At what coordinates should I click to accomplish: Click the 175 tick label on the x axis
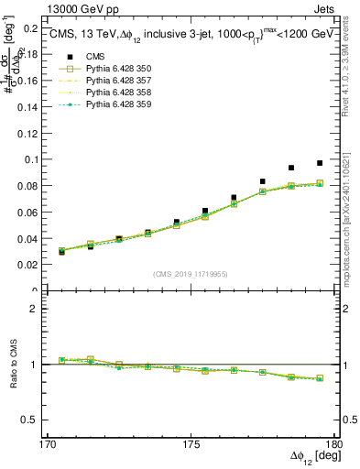(x=191, y=443)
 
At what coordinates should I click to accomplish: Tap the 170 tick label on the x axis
(x=48, y=443)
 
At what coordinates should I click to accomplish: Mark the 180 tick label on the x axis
(x=333, y=443)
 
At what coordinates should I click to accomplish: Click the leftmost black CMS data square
(x=61, y=251)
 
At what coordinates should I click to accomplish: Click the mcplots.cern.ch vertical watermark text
(x=352, y=220)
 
